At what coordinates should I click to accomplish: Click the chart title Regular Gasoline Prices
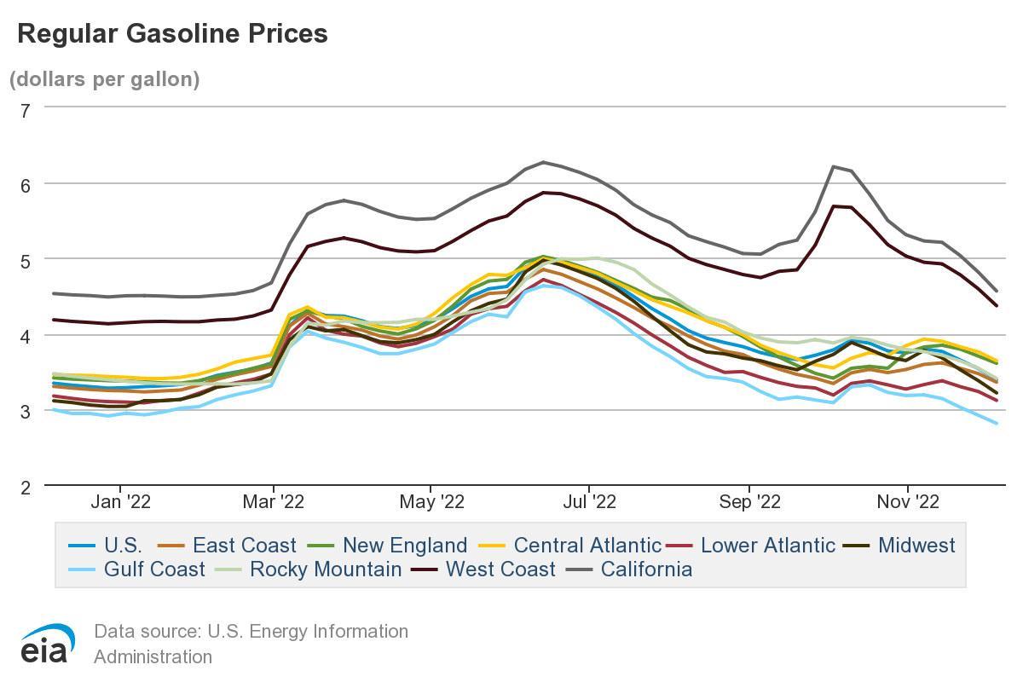pyautogui.click(x=172, y=33)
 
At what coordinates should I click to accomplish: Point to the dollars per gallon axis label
pyautogui.click(x=104, y=79)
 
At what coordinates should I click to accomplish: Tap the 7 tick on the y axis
pyautogui.click(x=25, y=109)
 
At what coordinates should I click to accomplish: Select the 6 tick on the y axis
pyautogui.click(x=25, y=184)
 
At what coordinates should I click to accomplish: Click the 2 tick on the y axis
pyautogui.click(x=25, y=487)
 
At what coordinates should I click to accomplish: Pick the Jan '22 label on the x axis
pyautogui.click(x=121, y=502)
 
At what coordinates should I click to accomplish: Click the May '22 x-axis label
pyautogui.click(x=430, y=502)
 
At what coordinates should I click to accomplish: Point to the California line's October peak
pyautogui.click(x=833, y=167)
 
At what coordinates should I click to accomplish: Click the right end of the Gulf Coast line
pyautogui.click(x=997, y=423)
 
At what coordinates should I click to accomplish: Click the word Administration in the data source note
pyautogui.click(x=153, y=657)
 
